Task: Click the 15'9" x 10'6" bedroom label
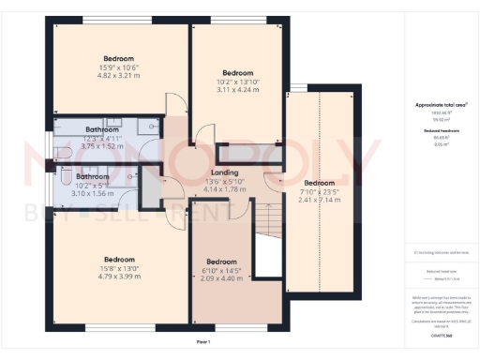(119, 59)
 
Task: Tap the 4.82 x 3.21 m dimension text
(119, 77)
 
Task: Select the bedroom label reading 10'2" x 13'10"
(237, 72)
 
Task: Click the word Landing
(224, 172)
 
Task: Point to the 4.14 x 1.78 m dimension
(224, 190)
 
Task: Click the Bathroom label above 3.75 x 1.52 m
(101, 129)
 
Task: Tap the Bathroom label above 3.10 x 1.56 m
(92, 176)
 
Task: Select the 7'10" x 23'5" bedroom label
(319, 183)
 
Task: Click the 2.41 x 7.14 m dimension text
(319, 201)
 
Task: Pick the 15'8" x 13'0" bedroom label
(119, 259)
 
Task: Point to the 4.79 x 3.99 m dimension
(119, 277)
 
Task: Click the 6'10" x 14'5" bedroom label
(221, 262)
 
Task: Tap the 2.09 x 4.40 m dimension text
(221, 278)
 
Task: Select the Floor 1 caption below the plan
(202, 343)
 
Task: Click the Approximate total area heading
(440, 105)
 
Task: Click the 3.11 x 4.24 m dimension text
(237, 89)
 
